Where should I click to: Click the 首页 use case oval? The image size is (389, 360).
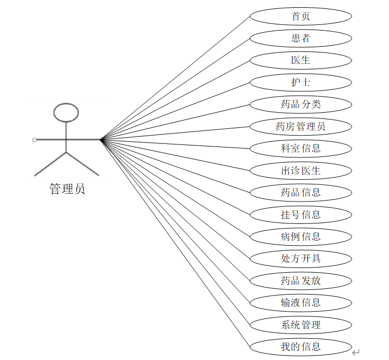coord(301,16)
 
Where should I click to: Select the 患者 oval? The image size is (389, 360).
coord(301,38)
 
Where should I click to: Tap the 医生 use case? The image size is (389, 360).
coord(301,60)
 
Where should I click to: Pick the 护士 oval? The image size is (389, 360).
coord(301,82)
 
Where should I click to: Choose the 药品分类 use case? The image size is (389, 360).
coord(301,104)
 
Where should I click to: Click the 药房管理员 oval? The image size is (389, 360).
coord(301,126)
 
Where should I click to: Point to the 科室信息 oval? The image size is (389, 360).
coord(301,148)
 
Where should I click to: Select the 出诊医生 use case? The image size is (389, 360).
coord(301,170)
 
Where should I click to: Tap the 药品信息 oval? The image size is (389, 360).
coord(301,192)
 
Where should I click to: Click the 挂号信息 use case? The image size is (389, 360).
coord(301,215)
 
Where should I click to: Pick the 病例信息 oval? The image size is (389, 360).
coord(301,236)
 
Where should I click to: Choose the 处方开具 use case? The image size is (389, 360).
coord(301,258)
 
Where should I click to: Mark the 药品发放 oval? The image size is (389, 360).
coord(301,281)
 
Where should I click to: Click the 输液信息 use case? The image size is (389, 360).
coord(301,302)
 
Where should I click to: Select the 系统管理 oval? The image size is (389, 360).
coord(301,325)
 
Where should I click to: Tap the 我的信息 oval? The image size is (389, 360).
coord(301,346)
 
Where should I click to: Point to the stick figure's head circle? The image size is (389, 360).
coord(66,112)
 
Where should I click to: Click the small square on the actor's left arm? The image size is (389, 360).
coord(34,139)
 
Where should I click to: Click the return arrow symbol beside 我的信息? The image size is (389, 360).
coord(356,353)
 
